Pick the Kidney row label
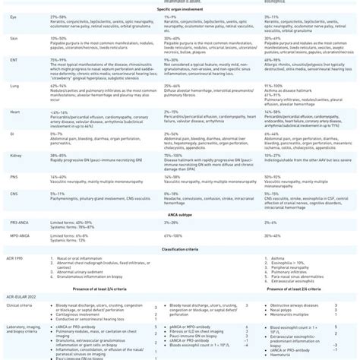14,153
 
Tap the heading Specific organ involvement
180,9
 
